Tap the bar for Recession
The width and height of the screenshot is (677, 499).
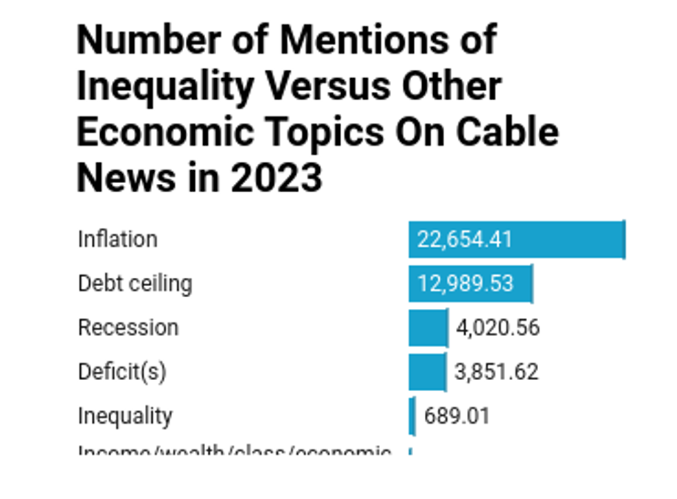click(x=428, y=328)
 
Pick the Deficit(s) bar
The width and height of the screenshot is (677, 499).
click(x=427, y=372)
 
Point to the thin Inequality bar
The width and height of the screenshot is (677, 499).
click(x=412, y=416)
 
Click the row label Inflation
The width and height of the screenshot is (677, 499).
click(x=117, y=239)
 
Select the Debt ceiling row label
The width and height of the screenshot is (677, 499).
click(x=135, y=283)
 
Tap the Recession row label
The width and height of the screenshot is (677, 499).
click(x=128, y=328)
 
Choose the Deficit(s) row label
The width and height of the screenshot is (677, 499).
click(x=122, y=372)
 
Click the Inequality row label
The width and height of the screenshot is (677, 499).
click(x=124, y=416)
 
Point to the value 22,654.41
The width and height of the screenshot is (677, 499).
click(x=465, y=240)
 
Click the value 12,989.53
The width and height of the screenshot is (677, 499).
click(x=466, y=283)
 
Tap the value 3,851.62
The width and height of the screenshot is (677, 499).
click(x=496, y=372)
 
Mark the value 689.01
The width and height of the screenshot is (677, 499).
click(x=457, y=416)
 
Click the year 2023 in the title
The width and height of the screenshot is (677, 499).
click(x=276, y=177)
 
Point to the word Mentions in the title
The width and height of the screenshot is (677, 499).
click(x=336, y=40)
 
